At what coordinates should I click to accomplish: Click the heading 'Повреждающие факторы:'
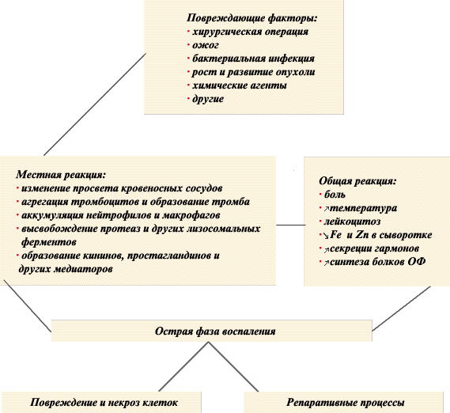coord(252,18)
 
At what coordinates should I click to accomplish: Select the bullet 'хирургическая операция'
coord(250,32)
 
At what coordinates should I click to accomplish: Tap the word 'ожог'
coord(206,45)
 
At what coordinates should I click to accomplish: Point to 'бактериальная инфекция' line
coord(253,59)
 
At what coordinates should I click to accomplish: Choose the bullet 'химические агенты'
coord(240,85)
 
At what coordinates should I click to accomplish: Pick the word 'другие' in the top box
coord(208,99)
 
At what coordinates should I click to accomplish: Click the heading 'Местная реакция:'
coord(61,175)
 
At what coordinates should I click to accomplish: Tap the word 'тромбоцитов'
coord(105,202)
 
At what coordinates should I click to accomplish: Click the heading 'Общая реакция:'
coord(357,181)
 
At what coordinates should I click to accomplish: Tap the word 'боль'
coord(335,195)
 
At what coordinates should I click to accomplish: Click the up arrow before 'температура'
coord(327,209)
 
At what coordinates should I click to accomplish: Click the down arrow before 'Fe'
coord(327,236)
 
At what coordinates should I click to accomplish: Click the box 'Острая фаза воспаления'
coord(212,331)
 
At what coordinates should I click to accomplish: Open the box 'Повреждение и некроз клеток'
coord(101,403)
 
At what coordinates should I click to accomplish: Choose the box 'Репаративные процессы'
coord(343,403)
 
